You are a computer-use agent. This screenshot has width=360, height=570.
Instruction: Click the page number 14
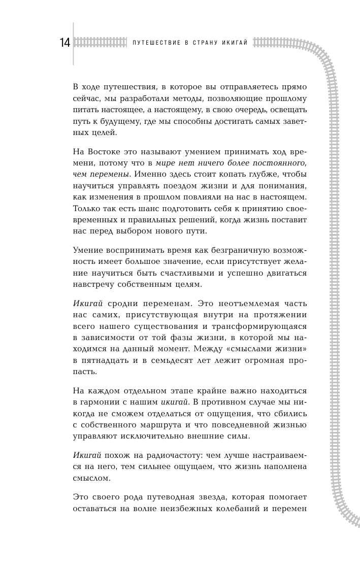click(64, 43)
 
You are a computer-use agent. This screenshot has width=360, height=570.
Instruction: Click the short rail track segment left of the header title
click(99, 43)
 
